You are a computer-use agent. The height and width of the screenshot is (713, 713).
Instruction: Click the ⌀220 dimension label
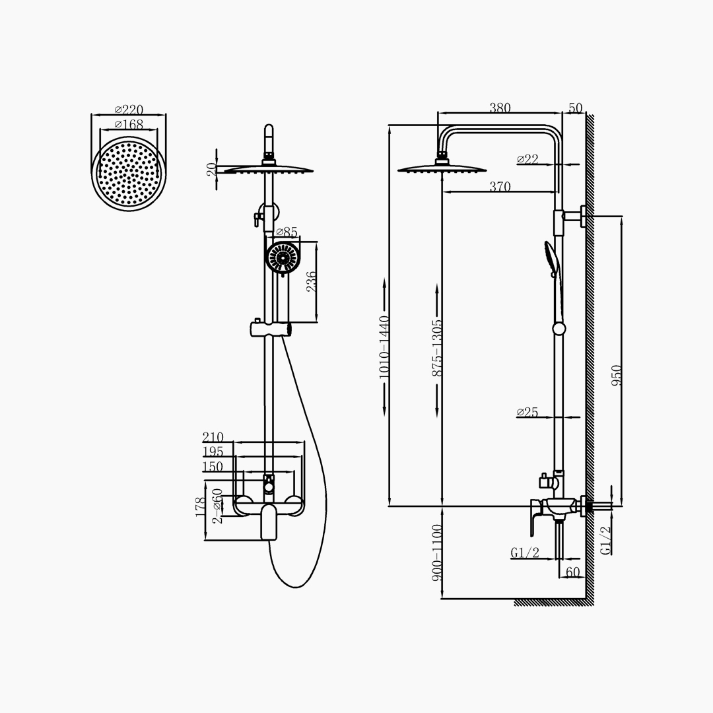[129, 110]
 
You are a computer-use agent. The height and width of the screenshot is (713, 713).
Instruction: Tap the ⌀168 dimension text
[129, 124]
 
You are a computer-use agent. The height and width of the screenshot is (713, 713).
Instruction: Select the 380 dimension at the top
[500, 108]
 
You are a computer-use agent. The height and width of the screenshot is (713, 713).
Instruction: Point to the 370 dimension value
[500, 186]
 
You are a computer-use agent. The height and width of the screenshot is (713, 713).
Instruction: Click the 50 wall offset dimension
[575, 108]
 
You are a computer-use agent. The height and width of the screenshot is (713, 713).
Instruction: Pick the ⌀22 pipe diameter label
[527, 159]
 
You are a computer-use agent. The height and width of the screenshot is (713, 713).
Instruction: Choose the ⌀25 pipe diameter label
[527, 413]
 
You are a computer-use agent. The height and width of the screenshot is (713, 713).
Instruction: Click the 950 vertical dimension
[616, 375]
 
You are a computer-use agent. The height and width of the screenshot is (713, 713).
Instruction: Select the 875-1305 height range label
[437, 348]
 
